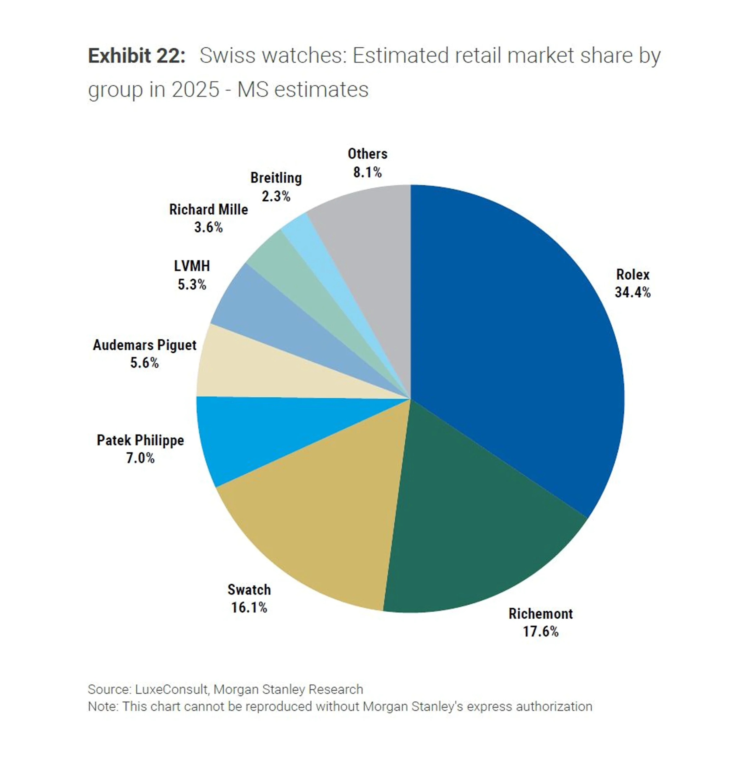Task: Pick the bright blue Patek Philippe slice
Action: tap(258, 433)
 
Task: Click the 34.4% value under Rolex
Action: tap(633, 293)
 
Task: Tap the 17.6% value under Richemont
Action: tap(540, 631)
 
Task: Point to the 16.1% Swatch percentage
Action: tap(249, 607)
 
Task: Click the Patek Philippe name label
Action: tap(140, 440)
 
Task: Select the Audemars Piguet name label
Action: tap(145, 345)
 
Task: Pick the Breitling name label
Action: tap(276, 178)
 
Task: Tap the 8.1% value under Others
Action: tap(367, 172)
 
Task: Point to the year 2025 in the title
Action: tap(195, 90)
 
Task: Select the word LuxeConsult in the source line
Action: tap(171, 689)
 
